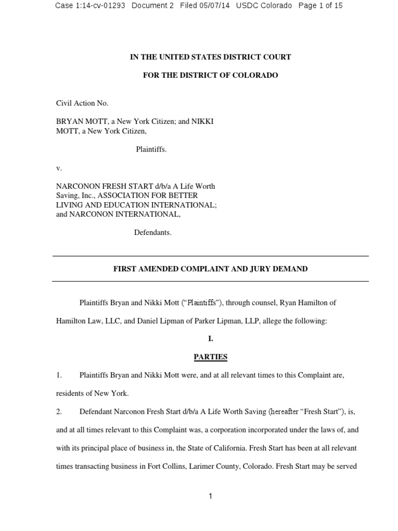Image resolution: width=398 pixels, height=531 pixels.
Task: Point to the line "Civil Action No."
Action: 82,103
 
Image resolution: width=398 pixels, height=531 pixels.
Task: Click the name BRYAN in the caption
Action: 68,121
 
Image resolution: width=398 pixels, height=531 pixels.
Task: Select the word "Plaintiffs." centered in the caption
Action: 151,149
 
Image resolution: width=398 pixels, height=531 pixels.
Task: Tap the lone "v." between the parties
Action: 59,168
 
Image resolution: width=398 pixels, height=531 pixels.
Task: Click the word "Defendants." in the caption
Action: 153,232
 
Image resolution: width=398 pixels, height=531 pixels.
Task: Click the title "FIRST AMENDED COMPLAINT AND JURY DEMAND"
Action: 210,269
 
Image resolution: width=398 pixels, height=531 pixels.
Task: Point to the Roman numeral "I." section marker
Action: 210,339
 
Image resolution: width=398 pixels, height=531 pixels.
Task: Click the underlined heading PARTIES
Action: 210,357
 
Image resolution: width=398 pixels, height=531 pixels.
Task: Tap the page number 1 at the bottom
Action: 210,496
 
